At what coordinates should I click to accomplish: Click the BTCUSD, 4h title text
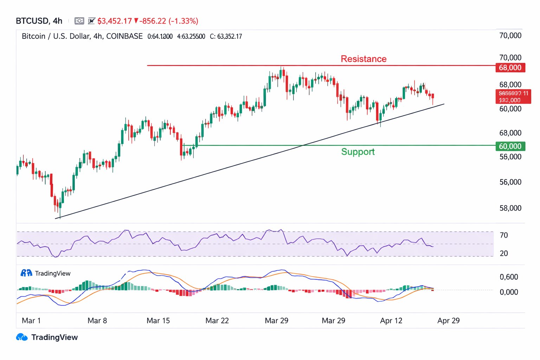click(39, 21)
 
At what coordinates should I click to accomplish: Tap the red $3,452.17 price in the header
click(115, 21)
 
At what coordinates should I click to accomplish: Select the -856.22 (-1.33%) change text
click(169, 21)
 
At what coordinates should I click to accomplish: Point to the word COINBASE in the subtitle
click(124, 36)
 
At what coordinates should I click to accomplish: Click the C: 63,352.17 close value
click(226, 37)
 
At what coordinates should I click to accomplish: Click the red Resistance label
click(364, 59)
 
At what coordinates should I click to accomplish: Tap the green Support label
click(358, 152)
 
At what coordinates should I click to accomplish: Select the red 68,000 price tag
click(510, 67)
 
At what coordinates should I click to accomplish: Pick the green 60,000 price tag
click(510, 146)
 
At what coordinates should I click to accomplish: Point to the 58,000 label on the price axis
click(510, 208)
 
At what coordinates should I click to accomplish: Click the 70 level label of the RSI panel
click(503, 235)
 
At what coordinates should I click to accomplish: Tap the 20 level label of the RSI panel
click(503, 253)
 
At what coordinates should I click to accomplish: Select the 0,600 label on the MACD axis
click(509, 277)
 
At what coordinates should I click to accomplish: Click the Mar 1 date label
click(31, 321)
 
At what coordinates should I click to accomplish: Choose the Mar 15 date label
click(158, 321)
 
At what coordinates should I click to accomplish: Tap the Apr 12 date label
click(391, 321)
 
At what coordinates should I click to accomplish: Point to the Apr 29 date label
click(448, 321)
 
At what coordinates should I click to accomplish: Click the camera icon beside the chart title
click(79, 21)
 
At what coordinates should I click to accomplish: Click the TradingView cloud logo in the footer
click(22, 337)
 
